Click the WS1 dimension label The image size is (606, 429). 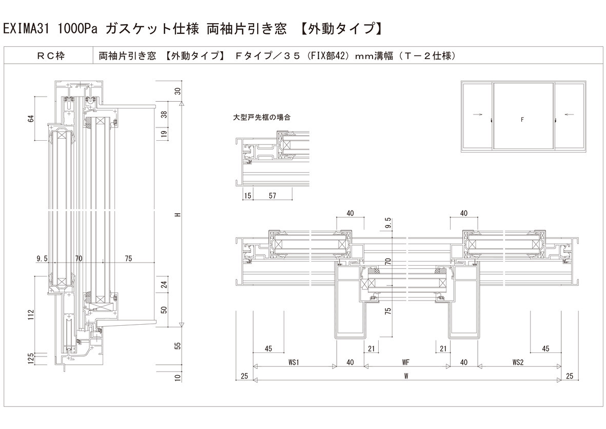pyautogui.click(x=294, y=362)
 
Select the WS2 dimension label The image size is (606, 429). pyautogui.click(x=518, y=362)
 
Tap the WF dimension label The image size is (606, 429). pyautogui.click(x=405, y=362)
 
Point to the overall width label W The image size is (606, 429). pyautogui.click(x=405, y=376)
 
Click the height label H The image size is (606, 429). pyautogui.click(x=177, y=214)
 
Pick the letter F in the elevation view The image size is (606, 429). pyautogui.click(x=522, y=120)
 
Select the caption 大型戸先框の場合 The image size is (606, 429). pyautogui.click(x=262, y=117)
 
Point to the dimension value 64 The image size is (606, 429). pyautogui.click(x=31, y=119)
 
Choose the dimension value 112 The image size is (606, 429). pyautogui.click(x=31, y=313)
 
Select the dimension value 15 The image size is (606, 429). pyautogui.click(x=248, y=196)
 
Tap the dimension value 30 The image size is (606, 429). pyautogui.click(x=178, y=91)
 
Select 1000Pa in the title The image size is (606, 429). pyautogui.click(x=78, y=29)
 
